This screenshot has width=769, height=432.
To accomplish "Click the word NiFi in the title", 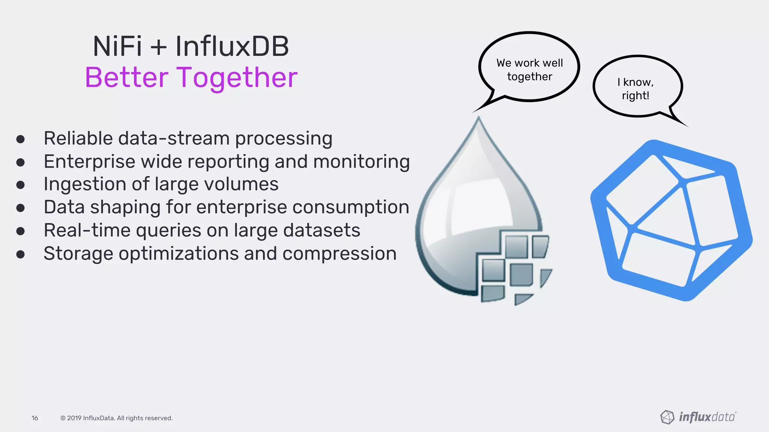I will click(117, 46).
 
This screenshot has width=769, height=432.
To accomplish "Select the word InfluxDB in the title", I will click(232, 46).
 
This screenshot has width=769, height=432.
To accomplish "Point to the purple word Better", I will click(126, 78).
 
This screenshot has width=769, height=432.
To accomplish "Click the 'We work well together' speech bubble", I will click(529, 67).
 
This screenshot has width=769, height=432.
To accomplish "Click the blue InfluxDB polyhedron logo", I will click(671, 220).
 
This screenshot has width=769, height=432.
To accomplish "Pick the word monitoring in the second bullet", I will click(361, 162).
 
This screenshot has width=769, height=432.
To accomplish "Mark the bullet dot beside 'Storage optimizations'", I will click(20, 255).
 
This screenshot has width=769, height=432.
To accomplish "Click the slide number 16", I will click(35, 418).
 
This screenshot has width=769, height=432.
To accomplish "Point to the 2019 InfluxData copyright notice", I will click(116, 418).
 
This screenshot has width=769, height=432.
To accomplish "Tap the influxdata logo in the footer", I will click(698, 417).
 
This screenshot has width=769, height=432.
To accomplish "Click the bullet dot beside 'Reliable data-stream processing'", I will click(20, 139).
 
